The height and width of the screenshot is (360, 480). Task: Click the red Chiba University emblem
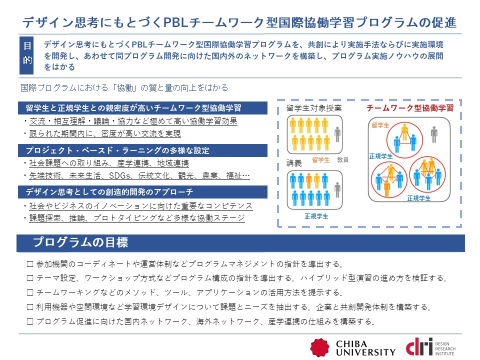[320, 347]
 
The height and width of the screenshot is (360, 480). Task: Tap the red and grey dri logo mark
[419, 346]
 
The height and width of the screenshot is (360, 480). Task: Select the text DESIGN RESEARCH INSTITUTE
[445, 348]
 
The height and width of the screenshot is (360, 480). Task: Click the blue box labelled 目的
[26, 55]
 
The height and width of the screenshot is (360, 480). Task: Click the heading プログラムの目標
[80, 242]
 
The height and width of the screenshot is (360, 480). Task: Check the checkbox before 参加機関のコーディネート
[30, 264]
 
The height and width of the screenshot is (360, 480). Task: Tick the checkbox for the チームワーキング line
[30, 292]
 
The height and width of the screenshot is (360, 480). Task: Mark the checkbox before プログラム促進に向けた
[30, 321]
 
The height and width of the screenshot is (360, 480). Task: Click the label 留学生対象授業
[314, 108]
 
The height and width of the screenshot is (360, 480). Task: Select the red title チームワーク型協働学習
[410, 108]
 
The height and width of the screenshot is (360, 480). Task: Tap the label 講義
[294, 163]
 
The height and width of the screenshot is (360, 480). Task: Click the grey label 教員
[343, 160]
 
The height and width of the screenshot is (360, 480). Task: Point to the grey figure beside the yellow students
[337, 134]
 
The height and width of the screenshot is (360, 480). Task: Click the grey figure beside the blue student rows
[337, 190]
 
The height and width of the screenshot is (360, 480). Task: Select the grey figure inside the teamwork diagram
[434, 134]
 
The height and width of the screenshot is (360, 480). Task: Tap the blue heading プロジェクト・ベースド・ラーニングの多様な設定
[117, 150]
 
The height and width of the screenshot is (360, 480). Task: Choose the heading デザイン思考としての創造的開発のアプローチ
[109, 192]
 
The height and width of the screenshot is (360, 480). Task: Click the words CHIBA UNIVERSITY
[365, 348]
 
